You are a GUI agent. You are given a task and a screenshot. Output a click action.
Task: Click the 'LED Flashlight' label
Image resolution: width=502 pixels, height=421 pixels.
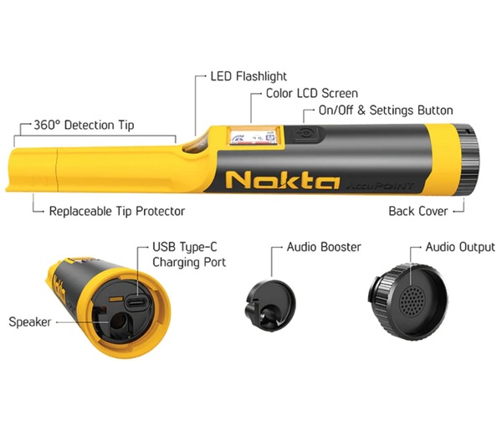click(x=248, y=76)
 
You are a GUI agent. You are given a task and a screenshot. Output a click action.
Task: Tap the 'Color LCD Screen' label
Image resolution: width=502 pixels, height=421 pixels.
click(x=312, y=93)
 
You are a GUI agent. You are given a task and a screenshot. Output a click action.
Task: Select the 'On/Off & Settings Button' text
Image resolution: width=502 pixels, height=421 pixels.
click(x=386, y=110)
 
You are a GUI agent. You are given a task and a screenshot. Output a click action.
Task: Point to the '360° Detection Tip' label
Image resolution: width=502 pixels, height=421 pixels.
click(x=84, y=126)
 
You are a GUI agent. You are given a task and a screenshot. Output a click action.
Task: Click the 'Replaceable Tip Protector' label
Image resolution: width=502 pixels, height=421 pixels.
click(x=117, y=211)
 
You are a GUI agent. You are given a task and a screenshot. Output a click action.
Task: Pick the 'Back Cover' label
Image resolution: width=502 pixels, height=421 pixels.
click(x=418, y=211)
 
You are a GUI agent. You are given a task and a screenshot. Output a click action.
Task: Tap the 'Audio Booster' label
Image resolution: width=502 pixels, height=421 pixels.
click(x=324, y=247)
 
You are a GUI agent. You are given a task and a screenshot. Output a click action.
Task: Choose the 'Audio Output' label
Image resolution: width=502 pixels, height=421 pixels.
click(x=460, y=247)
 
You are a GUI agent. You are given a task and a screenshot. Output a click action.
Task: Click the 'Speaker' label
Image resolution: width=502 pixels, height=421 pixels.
click(x=30, y=321)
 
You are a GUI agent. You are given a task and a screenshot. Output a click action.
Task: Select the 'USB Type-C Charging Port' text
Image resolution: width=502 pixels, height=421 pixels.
click(x=189, y=254)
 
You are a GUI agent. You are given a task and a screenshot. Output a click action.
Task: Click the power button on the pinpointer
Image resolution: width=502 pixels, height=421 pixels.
click(x=305, y=134)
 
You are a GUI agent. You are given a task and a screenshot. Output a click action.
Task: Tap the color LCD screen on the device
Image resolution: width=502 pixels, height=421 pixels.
click(x=252, y=136)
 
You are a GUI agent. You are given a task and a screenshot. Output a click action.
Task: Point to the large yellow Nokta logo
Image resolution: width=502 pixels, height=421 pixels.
click(x=283, y=180)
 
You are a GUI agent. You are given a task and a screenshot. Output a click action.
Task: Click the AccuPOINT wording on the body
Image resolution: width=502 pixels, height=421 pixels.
click(x=380, y=186)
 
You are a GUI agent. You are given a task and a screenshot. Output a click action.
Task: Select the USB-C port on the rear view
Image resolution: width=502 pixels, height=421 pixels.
click(x=136, y=302)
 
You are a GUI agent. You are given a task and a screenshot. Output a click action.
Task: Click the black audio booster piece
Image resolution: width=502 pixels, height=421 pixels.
click(x=271, y=305)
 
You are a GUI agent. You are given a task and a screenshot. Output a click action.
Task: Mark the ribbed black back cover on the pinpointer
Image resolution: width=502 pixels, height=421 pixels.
click(x=468, y=159)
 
